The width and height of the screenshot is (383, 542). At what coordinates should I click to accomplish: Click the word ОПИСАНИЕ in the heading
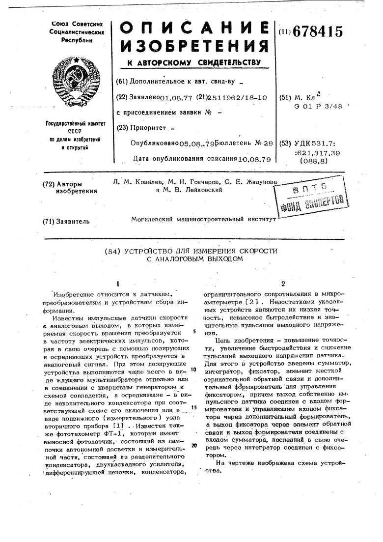click(194, 28)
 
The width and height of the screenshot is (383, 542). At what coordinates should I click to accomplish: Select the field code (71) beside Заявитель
click(50, 221)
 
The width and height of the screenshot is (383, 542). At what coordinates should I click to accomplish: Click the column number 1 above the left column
click(118, 283)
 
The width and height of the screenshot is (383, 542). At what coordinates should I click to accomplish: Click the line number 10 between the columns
click(194, 369)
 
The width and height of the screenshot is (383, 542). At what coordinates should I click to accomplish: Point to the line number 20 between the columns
click(194, 446)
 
